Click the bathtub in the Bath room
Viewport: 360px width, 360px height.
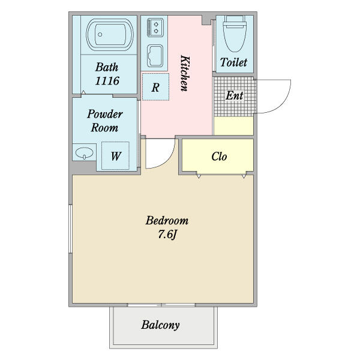click(x=110, y=35)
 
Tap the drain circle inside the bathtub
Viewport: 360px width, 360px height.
click(x=100, y=34)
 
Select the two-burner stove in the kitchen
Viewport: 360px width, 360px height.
click(x=155, y=28)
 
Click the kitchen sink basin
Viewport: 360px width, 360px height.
click(x=155, y=56)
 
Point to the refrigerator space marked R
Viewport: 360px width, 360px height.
click(x=155, y=87)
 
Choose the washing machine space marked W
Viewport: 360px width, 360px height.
click(x=115, y=156)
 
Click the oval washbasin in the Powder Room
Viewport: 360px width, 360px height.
click(x=84, y=152)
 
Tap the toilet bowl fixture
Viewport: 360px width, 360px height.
click(x=235, y=34)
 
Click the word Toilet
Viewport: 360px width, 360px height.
click(x=234, y=62)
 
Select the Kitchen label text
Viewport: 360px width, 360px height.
click(x=185, y=73)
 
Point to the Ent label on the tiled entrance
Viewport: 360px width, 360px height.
click(x=234, y=95)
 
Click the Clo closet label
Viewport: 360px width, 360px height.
click(x=219, y=157)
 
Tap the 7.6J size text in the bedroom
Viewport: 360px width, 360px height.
click(x=167, y=235)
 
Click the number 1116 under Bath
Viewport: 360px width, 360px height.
click(x=107, y=80)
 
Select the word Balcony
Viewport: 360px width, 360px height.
click(x=160, y=325)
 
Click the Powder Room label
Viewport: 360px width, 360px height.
click(x=105, y=121)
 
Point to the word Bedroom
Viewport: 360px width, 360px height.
click(x=167, y=220)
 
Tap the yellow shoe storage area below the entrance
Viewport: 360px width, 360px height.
click(x=233, y=126)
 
